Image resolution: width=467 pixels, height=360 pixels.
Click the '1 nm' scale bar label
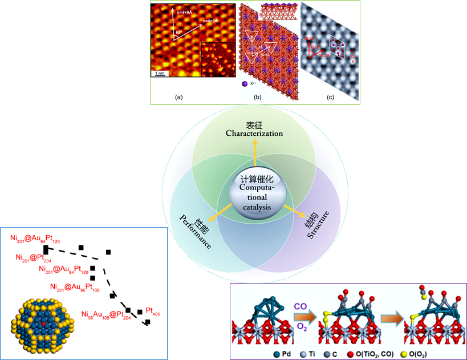point(159,74)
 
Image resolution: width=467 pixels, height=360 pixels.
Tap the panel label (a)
point(179,97)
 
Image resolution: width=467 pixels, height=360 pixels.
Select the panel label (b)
point(258,97)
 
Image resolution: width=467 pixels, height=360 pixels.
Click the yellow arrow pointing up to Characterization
point(255,153)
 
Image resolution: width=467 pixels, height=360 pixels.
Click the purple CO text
point(302,306)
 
